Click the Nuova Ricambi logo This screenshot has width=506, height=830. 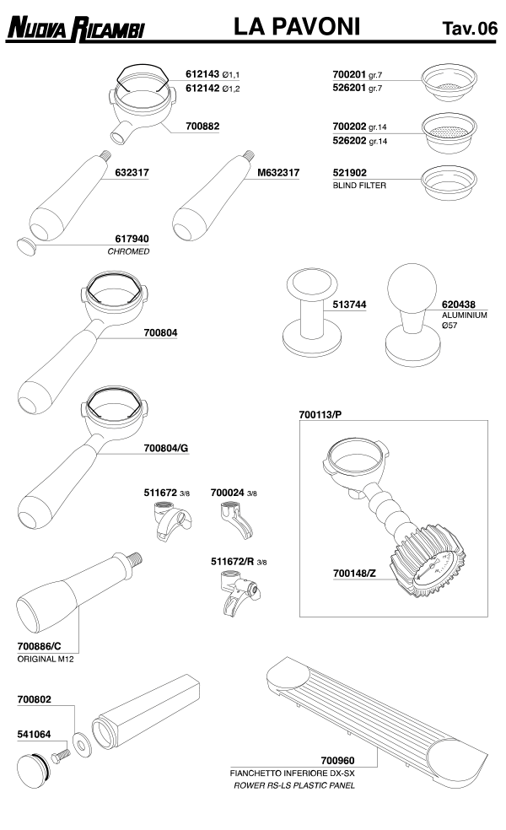click(75, 29)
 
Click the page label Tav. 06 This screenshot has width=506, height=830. click(470, 28)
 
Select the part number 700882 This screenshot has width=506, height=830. click(202, 126)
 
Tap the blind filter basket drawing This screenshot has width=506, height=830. click(449, 183)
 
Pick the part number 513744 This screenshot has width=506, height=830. click(349, 305)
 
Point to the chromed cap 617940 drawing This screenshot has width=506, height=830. click(26, 246)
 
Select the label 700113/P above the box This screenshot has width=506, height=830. click(320, 414)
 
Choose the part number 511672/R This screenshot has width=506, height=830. click(233, 562)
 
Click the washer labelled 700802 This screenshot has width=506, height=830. click(82, 744)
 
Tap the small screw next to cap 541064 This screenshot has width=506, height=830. click(61, 755)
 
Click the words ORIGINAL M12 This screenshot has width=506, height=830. click(46, 659)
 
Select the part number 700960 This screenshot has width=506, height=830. click(337, 761)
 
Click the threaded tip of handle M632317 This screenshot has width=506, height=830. click(248, 155)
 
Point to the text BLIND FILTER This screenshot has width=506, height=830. click(359, 186)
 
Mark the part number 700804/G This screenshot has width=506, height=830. click(165, 448)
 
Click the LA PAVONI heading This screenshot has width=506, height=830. click(296, 26)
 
